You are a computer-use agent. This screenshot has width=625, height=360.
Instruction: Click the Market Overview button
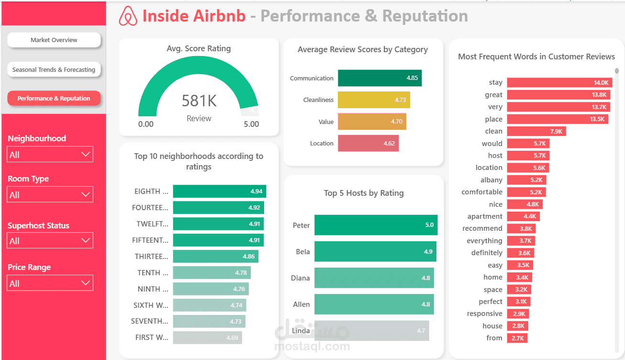(x=54, y=40)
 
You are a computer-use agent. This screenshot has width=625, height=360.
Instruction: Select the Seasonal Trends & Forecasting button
(x=54, y=69)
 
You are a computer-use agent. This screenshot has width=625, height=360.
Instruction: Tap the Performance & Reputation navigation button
(x=54, y=99)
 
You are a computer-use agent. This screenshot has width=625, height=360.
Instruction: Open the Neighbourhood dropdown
(x=50, y=155)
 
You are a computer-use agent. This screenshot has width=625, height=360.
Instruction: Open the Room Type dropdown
(x=50, y=195)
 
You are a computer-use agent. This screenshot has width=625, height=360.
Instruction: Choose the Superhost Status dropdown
(x=50, y=241)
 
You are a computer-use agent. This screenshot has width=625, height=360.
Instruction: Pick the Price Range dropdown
(x=50, y=283)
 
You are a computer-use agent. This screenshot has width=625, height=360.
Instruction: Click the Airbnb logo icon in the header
(x=128, y=16)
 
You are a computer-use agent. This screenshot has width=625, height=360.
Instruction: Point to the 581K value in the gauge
(x=199, y=101)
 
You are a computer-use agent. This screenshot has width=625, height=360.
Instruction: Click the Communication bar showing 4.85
(x=379, y=78)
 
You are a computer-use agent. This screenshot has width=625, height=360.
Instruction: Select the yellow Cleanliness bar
(x=374, y=100)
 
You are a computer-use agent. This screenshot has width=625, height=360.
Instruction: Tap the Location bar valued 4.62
(x=368, y=143)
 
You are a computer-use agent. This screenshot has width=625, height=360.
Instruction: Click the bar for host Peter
(x=376, y=225)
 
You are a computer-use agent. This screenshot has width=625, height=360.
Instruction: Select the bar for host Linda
(x=371, y=330)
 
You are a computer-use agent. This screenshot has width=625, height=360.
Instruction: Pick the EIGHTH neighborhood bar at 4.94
(x=219, y=191)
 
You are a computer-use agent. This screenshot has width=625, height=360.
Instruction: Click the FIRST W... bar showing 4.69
(x=207, y=337)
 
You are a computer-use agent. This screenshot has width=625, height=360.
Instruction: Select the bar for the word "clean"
(x=536, y=131)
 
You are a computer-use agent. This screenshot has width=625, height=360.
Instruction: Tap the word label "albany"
(x=491, y=180)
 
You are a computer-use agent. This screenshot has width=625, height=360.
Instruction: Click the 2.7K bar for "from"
(x=517, y=338)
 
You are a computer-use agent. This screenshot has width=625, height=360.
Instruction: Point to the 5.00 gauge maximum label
(x=251, y=124)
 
